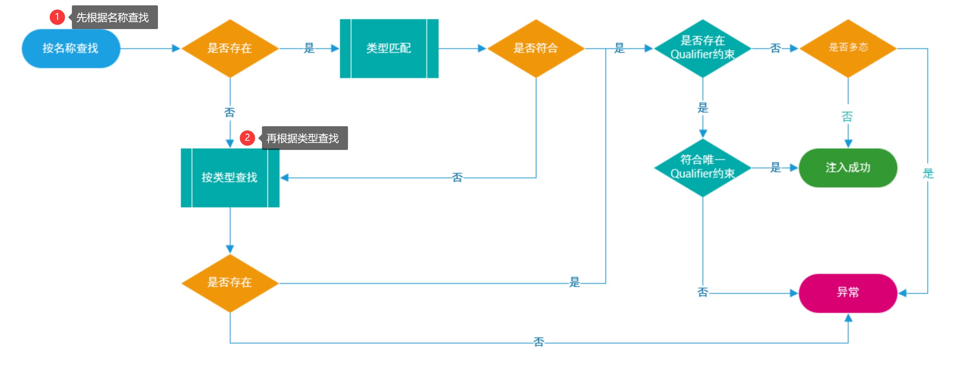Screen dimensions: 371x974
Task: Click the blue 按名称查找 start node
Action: click(71, 49)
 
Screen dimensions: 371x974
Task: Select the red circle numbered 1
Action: click(57, 17)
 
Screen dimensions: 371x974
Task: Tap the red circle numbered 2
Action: click(247, 138)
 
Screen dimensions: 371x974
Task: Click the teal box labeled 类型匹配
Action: click(389, 49)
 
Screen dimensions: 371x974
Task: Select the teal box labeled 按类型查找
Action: click(230, 177)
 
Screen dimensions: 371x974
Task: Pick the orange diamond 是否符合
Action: click(536, 49)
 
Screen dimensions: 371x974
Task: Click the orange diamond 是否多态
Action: click(848, 48)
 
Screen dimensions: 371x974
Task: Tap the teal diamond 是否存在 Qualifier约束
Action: click(702, 48)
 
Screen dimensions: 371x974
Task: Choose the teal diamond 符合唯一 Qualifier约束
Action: click(702, 168)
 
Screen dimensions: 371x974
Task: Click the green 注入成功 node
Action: click(848, 168)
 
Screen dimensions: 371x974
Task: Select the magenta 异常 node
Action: click(848, 293)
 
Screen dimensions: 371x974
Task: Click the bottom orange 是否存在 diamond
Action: click(230, 283)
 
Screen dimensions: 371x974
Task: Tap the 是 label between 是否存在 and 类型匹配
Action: click(309, 48)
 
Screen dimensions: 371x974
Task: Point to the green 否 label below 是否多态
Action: click(847, 116)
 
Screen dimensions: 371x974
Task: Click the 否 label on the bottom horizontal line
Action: click(538, 342)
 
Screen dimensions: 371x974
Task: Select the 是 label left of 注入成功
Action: click(776, 167)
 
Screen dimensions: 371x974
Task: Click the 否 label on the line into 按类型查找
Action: click(457, 177)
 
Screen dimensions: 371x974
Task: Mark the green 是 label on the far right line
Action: click(928, 173)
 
